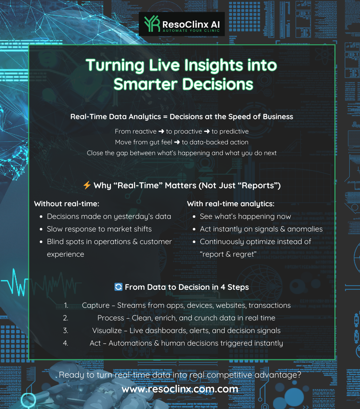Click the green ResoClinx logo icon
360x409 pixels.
(152, 24)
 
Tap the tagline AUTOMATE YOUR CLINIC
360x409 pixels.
(191, 31)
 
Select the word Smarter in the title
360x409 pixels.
(145, 84)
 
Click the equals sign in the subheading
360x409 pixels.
(165, 117)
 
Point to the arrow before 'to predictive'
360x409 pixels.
(207, 131)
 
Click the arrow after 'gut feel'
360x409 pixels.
(177, 142)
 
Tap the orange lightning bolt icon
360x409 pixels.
(87, 185)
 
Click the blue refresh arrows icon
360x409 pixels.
(118, 287)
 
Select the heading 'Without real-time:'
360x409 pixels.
(67, 204)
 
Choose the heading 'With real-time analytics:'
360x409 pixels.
(231, 204)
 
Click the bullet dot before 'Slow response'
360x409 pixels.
(41, 229)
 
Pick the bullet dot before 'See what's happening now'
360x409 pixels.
(194, 217)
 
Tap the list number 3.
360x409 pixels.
(66, 331)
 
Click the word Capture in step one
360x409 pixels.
(96, 305)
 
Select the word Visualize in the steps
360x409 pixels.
(107, 331)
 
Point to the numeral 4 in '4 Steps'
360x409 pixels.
(223, 287)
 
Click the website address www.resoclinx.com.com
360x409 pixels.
(180, 389)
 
